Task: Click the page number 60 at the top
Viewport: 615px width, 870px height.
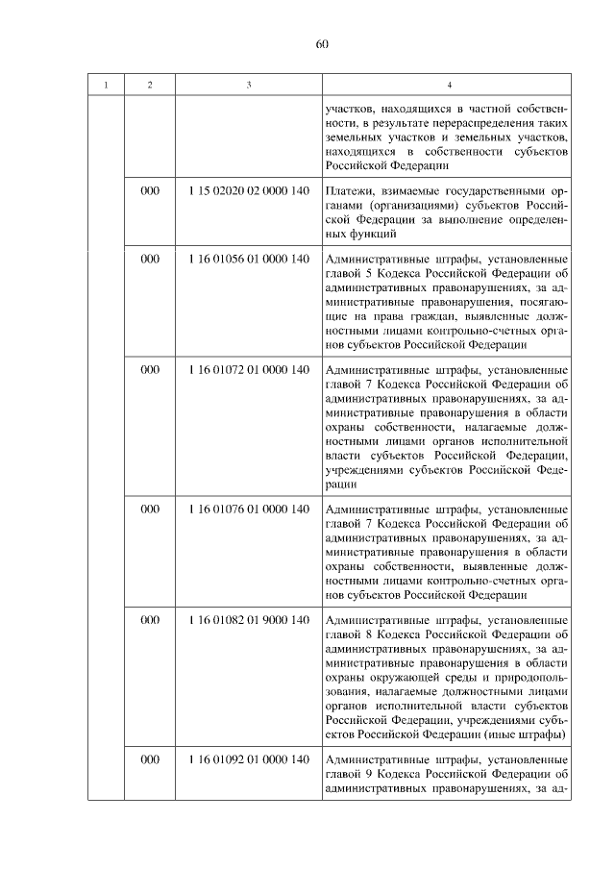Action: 321,43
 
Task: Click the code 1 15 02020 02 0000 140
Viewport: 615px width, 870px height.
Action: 249,191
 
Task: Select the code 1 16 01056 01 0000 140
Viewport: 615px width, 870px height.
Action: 249,260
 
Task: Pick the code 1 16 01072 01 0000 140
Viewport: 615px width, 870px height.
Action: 249,370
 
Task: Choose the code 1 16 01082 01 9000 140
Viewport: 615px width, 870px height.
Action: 249,620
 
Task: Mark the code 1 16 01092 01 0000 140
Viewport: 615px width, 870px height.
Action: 249,759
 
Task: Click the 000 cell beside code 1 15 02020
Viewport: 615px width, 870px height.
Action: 149,191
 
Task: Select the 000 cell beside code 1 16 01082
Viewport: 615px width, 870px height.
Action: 149,620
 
